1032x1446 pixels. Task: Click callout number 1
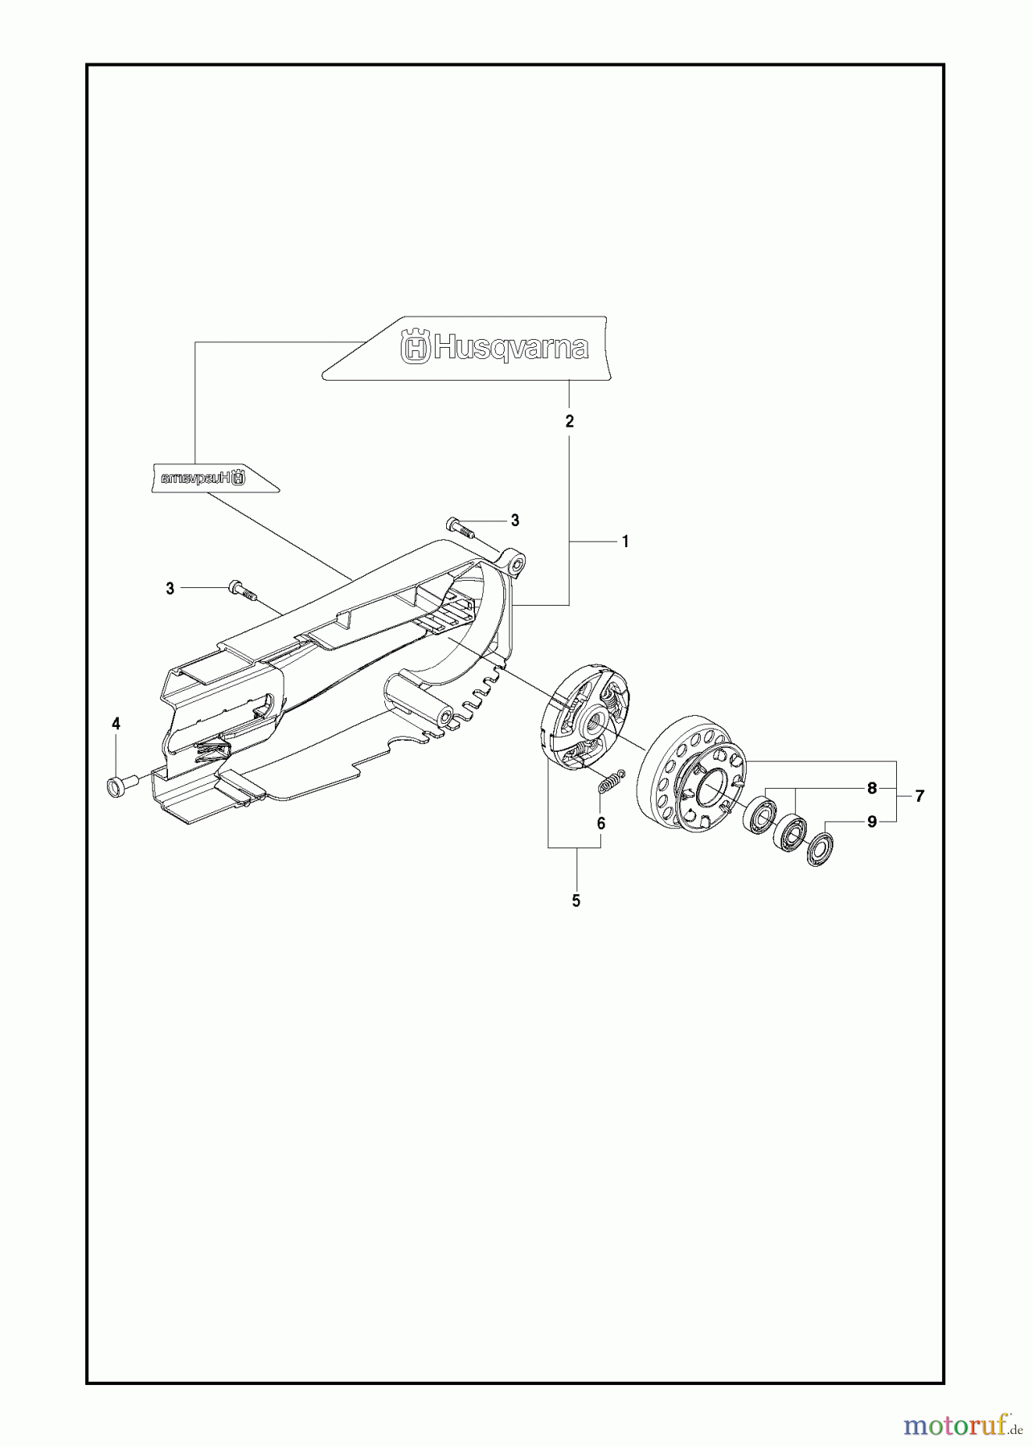click(625, 542)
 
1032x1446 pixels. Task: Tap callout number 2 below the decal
click(570, 421)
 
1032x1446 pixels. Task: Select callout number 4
click(116, 724)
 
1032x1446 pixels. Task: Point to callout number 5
click(576, 901)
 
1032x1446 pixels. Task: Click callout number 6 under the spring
click(601, 823)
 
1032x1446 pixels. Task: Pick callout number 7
click(919, 796)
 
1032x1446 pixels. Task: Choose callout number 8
click(872, 789)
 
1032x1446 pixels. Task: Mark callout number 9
click(872, 822)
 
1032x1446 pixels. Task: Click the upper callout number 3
click(514, 521)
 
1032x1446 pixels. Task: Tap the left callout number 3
click(170, 589)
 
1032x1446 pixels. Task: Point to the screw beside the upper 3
click(460, 528)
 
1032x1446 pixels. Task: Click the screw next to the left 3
click(241, 590)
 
